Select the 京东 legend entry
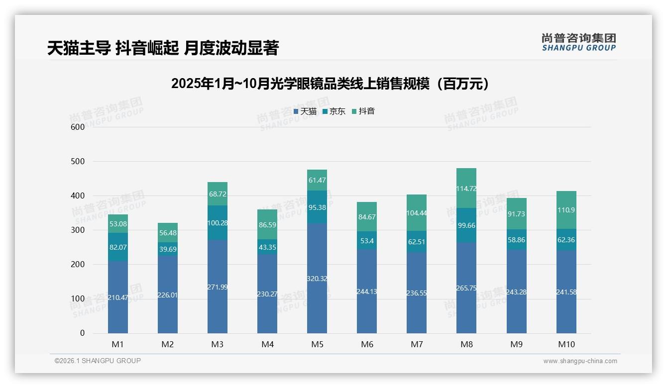coord(334,111)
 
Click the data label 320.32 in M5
coord(317,278)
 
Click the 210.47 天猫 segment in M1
coord(118,297)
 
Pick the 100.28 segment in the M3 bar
coord(218,223)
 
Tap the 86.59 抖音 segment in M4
coord(267,225)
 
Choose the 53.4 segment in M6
coord(367,241)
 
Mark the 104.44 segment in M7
coord(417,213)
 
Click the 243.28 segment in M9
coord(516,291)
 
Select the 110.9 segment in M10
coord(566,210)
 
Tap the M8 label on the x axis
coord(466,344)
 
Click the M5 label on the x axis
coord(317,344)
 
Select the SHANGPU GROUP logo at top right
coord(578,42)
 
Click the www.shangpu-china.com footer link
coord(580,361)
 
